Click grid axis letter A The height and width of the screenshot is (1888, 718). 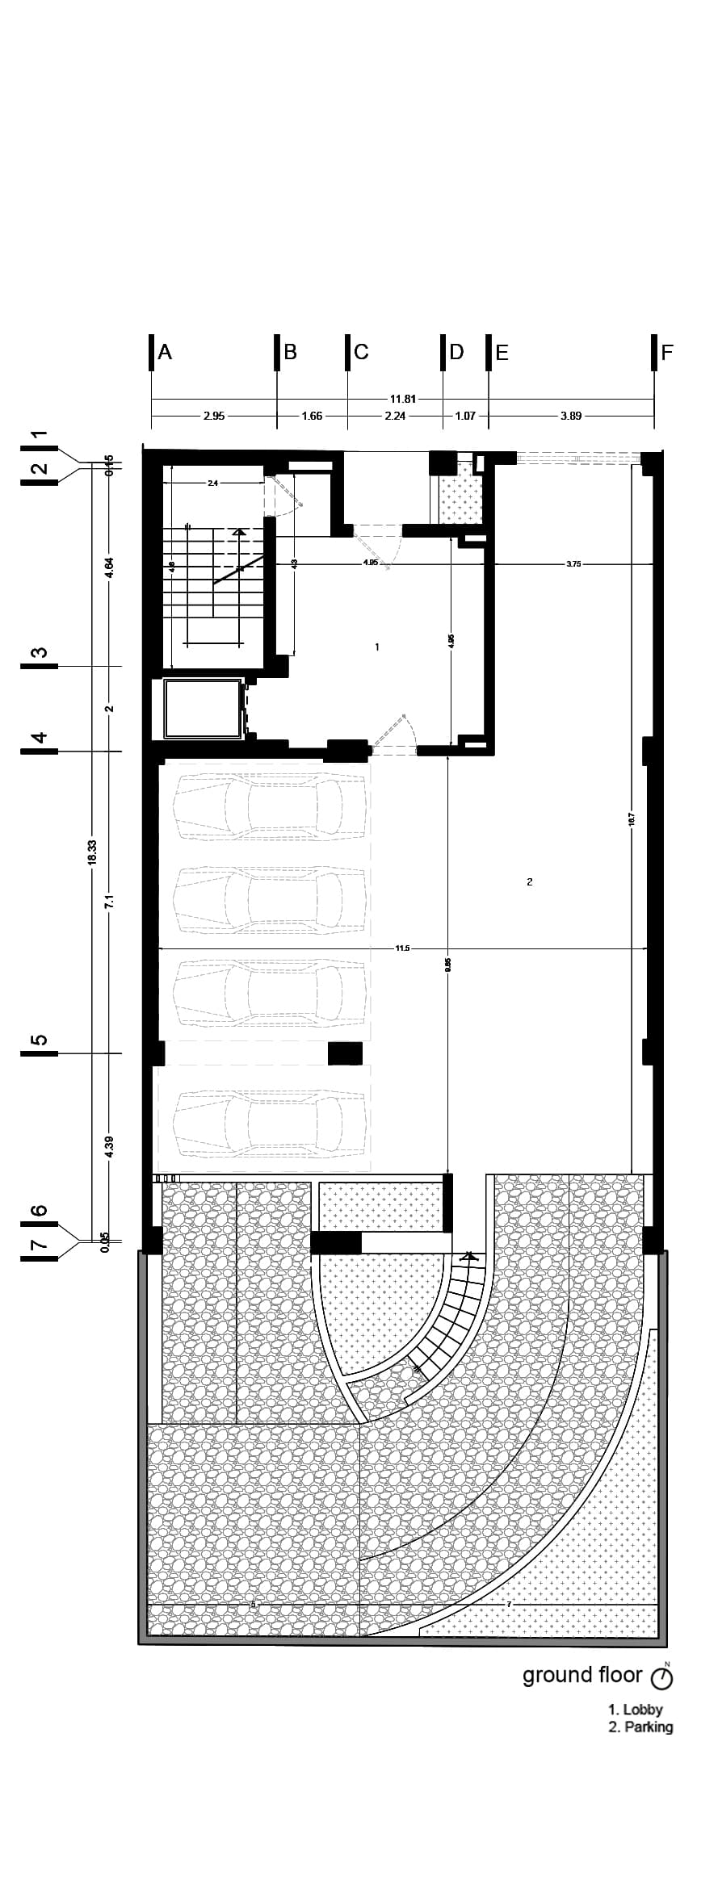coord(165,352)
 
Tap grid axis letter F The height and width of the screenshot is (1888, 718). coord(667,352)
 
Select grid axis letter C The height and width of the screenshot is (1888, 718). coord(361,352)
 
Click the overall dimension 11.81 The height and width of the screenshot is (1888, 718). coord(403,399)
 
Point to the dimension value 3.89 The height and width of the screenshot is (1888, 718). coord(570,417)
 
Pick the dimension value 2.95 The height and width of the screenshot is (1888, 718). coord(214,417)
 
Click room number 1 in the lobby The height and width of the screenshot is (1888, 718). coord(377,647)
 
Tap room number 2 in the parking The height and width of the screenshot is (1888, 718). coord(530,881)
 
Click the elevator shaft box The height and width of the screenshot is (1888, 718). coord(203,709)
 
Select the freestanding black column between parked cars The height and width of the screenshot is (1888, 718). coord(345,1053)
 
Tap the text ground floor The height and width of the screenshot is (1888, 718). coord(582,1675)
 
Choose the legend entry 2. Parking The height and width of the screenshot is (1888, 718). coord(640,1727)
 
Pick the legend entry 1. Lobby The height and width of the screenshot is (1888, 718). coord(636,1709)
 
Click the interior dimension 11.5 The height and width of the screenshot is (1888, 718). coord(402,948)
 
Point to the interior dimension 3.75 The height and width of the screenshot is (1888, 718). coord(573,564)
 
